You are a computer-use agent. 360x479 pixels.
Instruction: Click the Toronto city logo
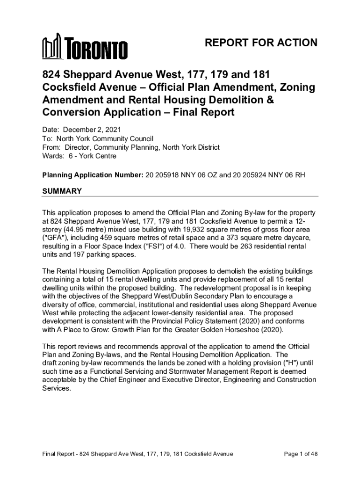tap(85, 47)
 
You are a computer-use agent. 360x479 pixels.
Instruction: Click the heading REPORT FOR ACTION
tap(261, 44)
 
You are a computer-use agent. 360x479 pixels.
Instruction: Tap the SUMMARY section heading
tap(62, 191)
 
